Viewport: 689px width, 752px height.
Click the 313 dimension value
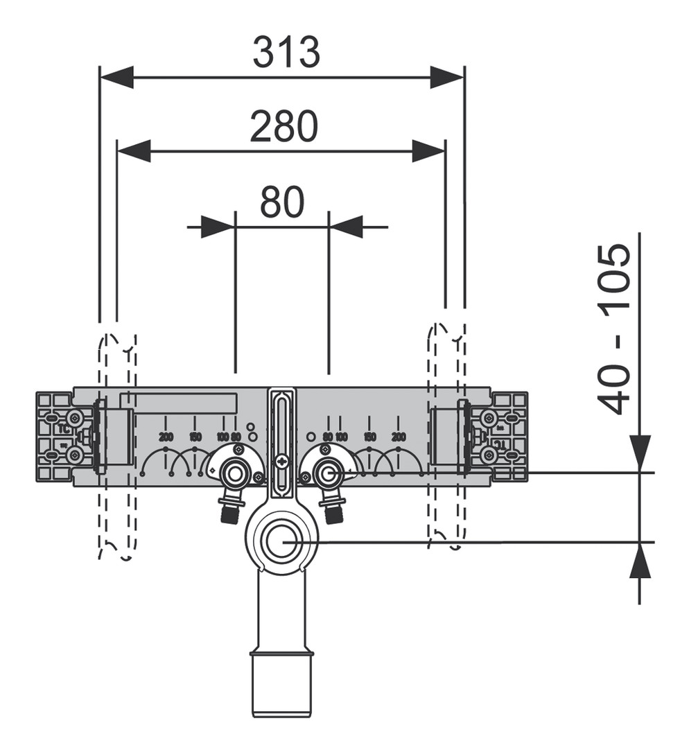click(286, 53)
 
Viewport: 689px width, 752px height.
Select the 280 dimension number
click(284, 127)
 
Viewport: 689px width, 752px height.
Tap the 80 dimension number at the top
click(282, 202)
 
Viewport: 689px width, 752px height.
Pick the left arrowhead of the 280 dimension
click(134, 150)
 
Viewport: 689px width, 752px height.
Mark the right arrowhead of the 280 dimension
click(428, 150)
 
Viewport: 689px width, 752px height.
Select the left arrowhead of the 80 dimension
click(218, 226)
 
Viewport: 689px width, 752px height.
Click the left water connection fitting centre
click(236, 475)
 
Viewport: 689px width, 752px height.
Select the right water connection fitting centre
click(327, 474)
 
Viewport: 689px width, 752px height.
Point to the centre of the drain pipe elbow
click(281, 540)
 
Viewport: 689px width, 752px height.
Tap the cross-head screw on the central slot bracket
click(281, 460)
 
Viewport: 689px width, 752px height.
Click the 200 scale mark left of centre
click(166, 437)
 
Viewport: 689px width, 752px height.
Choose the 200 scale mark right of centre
click(398, 437)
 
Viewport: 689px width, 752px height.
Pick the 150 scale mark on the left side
click(195, 437)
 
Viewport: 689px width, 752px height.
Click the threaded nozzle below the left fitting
click(229, 513)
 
